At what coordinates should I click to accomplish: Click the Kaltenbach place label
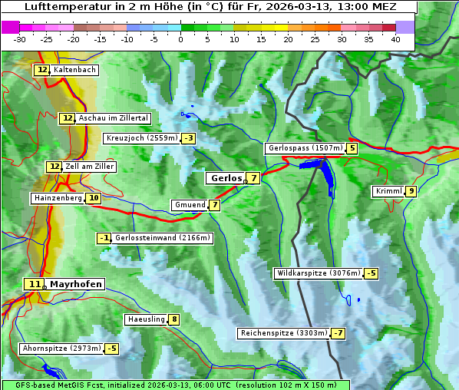pos(74,70)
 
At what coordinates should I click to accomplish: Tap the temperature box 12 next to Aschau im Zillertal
pos(68,118)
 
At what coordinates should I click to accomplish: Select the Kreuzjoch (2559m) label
pos(141,138)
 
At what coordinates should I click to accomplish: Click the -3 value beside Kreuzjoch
pos(188,138)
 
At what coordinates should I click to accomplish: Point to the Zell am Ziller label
pos(90,167)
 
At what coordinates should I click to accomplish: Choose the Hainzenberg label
pos(56,198)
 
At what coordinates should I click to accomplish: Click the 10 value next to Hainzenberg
pos(94,198)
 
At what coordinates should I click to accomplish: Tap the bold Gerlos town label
pos(226,178)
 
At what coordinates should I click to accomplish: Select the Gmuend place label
pos(189,205)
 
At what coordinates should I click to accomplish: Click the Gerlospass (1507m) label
pos(304,148)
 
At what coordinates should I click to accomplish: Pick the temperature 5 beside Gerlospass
pos(352,148)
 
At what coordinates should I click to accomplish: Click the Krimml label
pos(388,191)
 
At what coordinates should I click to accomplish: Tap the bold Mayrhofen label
pos(75,284)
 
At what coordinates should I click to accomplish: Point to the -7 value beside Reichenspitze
pos(338,333)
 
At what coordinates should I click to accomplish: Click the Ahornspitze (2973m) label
pos(61,349)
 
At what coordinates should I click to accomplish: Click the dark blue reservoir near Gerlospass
pos(323,175)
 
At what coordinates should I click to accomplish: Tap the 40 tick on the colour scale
pos(395,38)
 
